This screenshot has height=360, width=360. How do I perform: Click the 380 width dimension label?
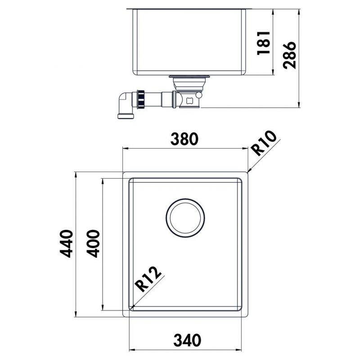click(x=184, y=139)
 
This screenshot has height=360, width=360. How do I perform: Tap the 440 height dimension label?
click(x=66, y=243)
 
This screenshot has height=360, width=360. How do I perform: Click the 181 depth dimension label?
click(x=264, y=43)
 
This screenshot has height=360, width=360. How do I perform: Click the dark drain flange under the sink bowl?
click(x=189, y=77)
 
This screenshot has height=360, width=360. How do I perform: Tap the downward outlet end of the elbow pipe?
click(x=126, y=117)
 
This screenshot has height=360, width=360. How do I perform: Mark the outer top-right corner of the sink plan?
click(x=247, y=173)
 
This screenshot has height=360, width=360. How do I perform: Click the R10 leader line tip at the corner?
click(x=248, y=172)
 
